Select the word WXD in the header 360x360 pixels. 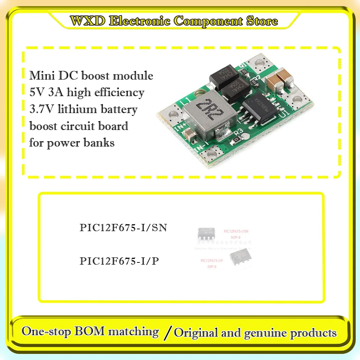(87, 21)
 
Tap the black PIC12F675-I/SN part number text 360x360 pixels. (123, 228)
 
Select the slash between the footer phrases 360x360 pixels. (166, 333)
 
